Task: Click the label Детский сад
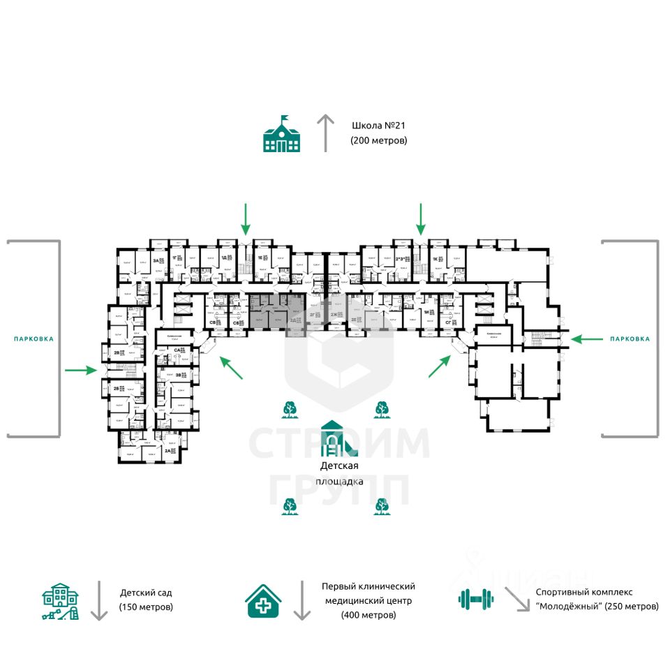click(145, 593)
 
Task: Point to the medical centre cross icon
click(264, 600)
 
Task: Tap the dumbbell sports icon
click(476, 598)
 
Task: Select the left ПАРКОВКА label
click(33, 338)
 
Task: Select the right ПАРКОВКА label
click(630, 338)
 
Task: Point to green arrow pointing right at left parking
click(82, 370)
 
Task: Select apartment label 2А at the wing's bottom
click(168, 451)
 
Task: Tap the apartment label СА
click(178, 350)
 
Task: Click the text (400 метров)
click(368, 615)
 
